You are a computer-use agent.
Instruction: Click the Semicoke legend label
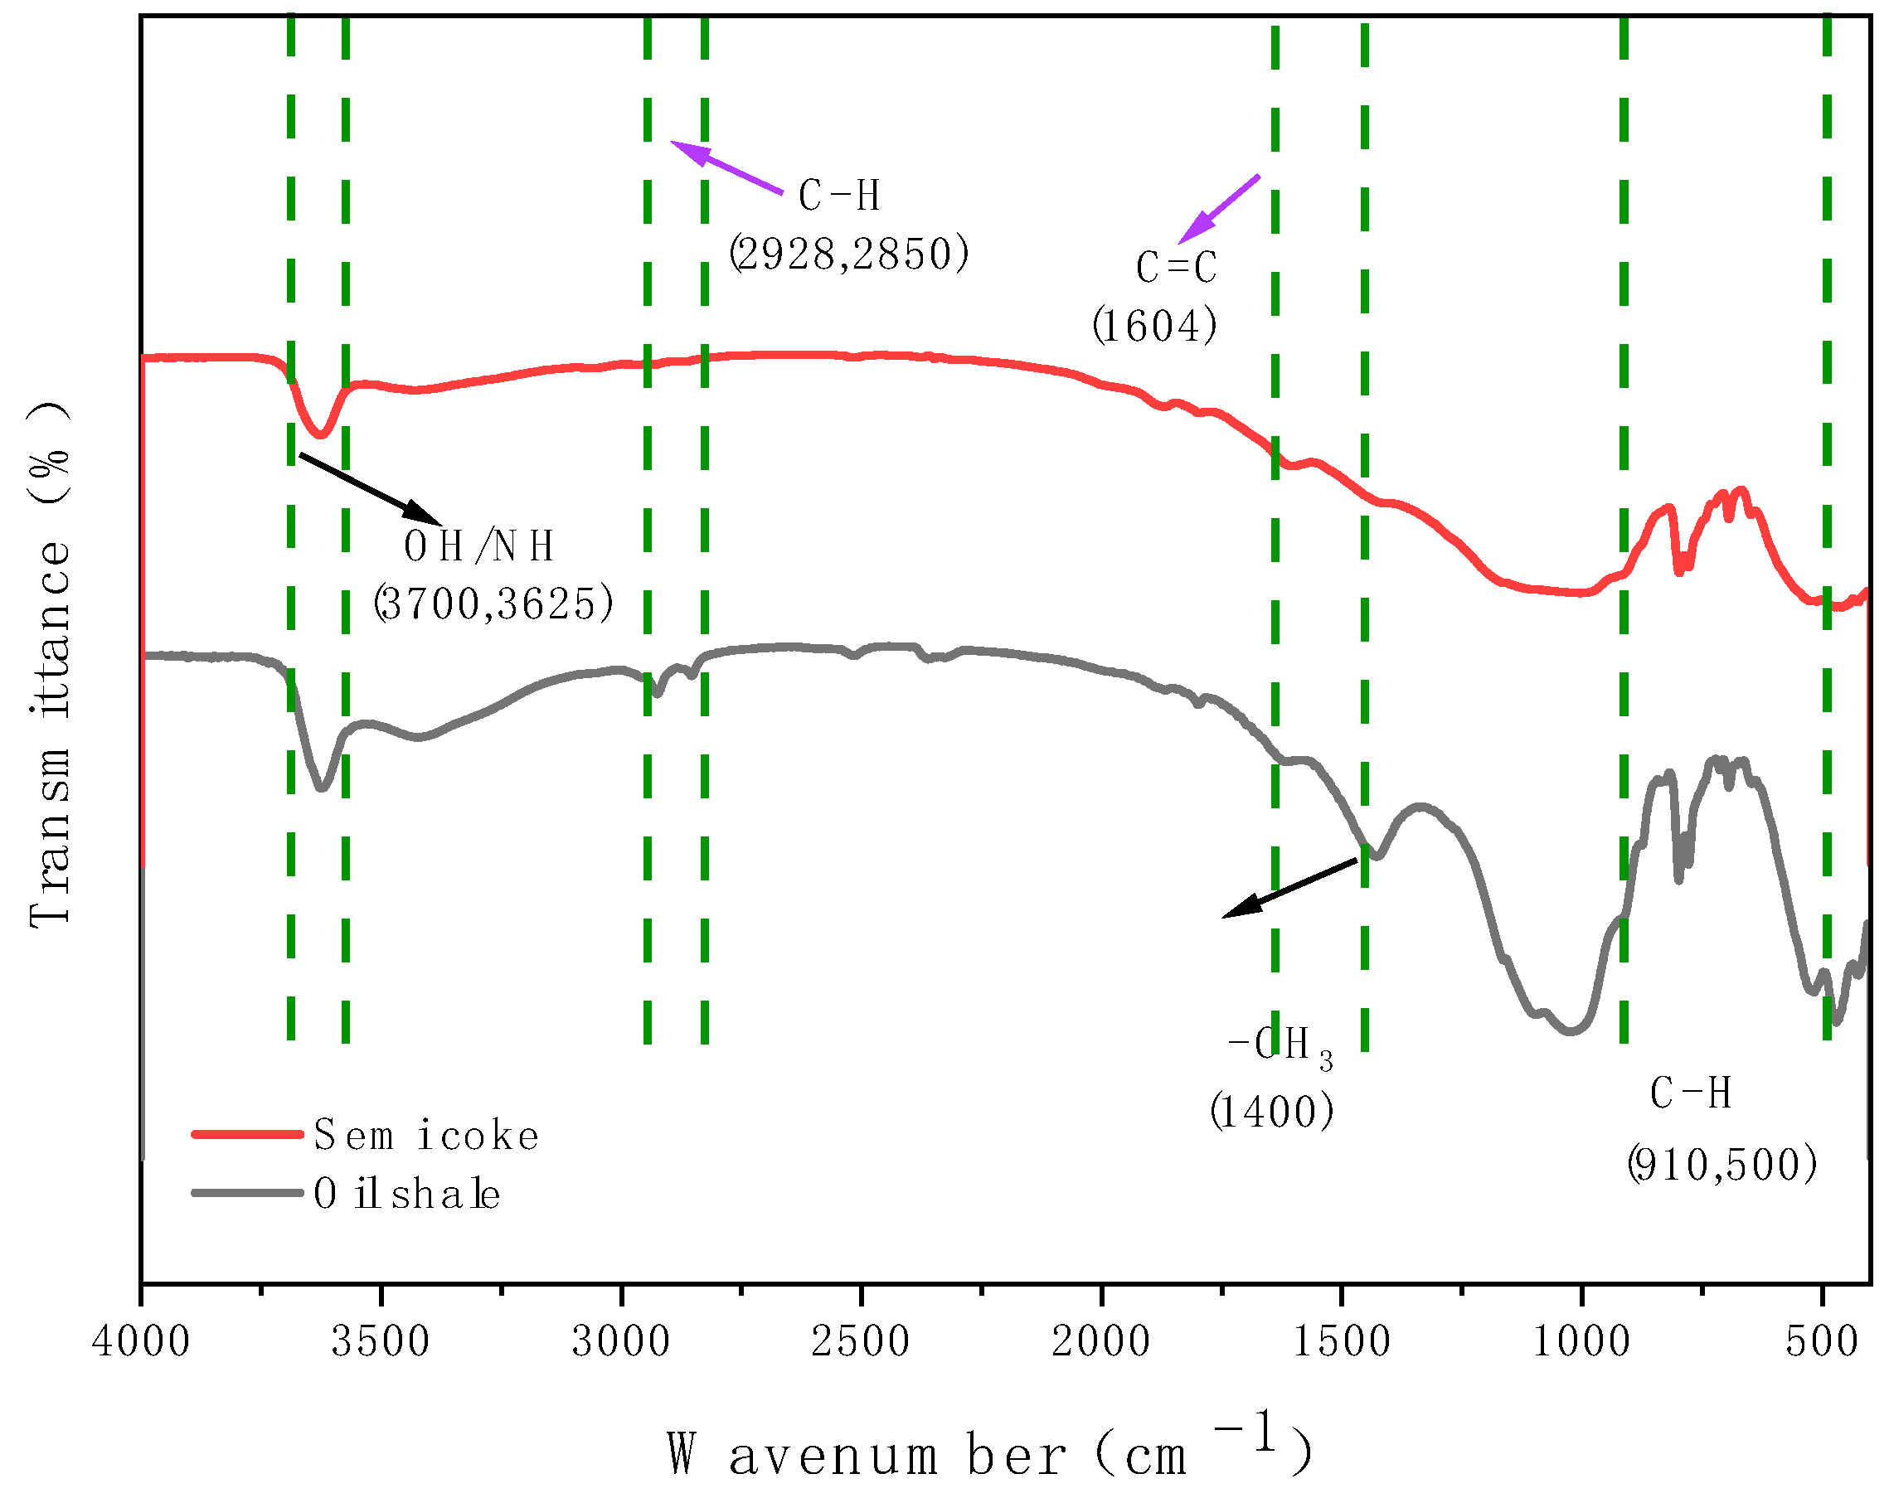(x=426, y=1137)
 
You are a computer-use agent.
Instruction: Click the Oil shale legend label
(x=407, y=1194)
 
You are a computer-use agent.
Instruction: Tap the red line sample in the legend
(x=247, y=1134)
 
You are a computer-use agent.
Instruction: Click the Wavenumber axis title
(x=990, y=1455)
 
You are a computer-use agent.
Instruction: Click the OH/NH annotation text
(x=479, y=546)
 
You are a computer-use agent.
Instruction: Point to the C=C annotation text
(x=1177, y=268)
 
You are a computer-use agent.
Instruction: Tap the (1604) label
(x=1155, y=326)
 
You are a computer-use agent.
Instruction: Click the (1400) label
(x=1272, y=1113)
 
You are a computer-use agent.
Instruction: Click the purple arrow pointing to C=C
(x=1220, y=209)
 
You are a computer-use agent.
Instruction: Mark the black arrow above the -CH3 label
(x=1290, y=889)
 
